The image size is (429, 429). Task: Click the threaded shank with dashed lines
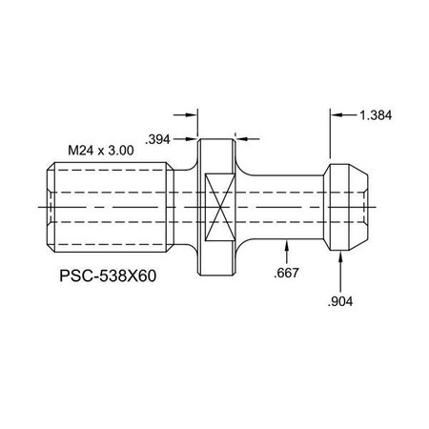[110, 205]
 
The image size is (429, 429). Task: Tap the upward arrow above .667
[286, 246]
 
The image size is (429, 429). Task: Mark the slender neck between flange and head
[286, 205]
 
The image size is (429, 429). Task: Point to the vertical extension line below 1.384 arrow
[330, 138]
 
